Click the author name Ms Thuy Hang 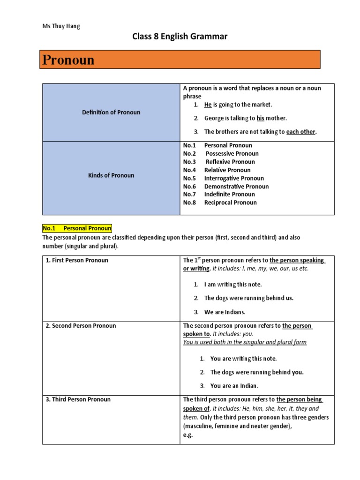(61, 26)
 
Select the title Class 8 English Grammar (180, 37)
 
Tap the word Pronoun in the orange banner (68, 60)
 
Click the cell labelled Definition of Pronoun (111, 112)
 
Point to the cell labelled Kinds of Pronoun (111, 175)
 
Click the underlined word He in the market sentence (208, 105)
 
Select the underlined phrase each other (301, 132)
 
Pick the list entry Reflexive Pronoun (230, 162)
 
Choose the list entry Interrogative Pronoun (234, 178)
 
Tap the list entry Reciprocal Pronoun (230, 202)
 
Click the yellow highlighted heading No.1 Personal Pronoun (77, 228)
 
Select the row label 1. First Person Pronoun (77, 260)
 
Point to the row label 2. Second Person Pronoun (81, 326)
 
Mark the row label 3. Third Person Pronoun (78, 399)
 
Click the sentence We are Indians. (225, 312)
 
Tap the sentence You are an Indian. (234, 386)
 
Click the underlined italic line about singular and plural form (245, 342)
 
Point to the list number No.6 (189, 187)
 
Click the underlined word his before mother (261, 118)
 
